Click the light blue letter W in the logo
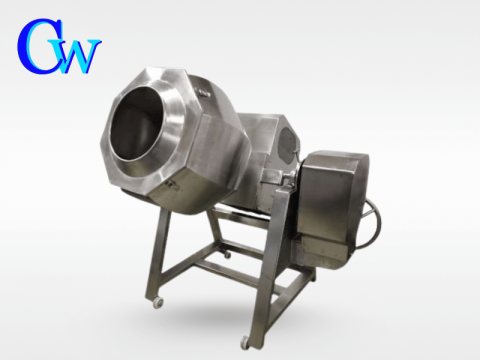(79, 56)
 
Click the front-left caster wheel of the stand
(157, 302)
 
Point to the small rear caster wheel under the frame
(228, 255)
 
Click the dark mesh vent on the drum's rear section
(286, 143)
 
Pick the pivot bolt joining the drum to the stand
(286, 180)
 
